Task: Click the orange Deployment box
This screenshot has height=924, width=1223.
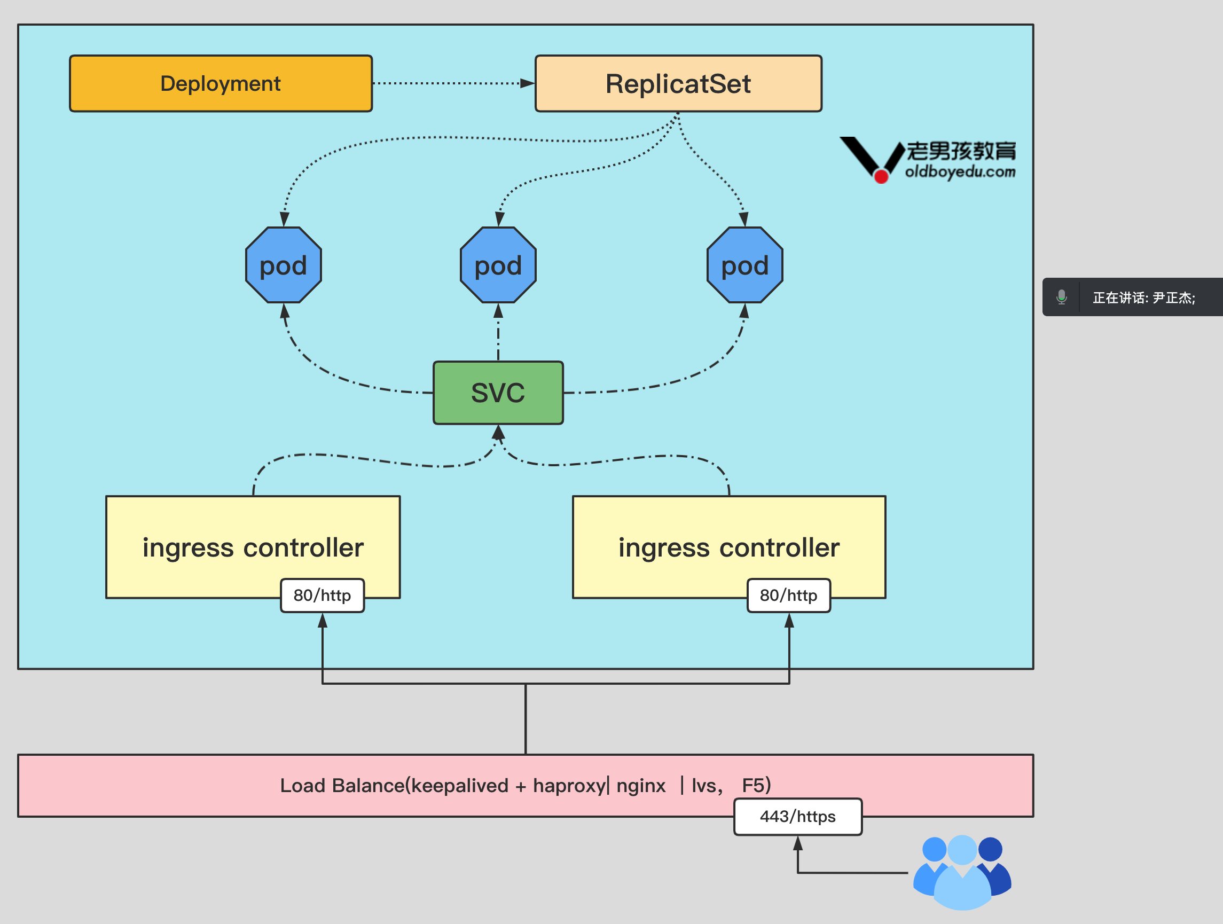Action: [x=221, y=83]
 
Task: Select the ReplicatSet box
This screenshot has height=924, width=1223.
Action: [x=678, y=83]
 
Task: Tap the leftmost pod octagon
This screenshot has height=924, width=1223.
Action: [x=283, y=265]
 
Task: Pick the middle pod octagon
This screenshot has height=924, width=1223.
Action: [x=498, y=265]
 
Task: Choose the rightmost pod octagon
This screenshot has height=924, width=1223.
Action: [x=744, y=265]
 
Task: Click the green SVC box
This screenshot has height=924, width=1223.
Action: [x=498, y=393]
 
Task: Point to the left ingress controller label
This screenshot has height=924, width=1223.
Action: [x=253, y=547]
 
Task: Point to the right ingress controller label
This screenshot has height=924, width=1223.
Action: [x=728, y=547]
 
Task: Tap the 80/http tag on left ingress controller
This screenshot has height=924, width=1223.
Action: [x=323, y=596]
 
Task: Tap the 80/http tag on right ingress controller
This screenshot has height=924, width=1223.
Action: [x=788, y=596]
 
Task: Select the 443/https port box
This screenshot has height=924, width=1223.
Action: [x=797, y=816]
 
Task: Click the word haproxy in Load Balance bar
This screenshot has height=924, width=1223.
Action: [x=569, y=786]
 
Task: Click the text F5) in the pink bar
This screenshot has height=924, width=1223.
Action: [x=756, y=785]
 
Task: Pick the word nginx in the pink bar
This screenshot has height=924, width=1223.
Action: [x=641, y=786]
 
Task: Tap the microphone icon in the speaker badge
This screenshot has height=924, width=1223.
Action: [x=1061, y=297]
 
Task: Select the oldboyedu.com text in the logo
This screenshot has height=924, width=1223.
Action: [x=960, y=171]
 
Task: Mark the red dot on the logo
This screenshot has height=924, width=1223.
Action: [x=881, y=176]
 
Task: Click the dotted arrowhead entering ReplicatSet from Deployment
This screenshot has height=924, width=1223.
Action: [x=528, y=83]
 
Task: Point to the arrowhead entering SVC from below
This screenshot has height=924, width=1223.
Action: [x=498, y=432]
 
